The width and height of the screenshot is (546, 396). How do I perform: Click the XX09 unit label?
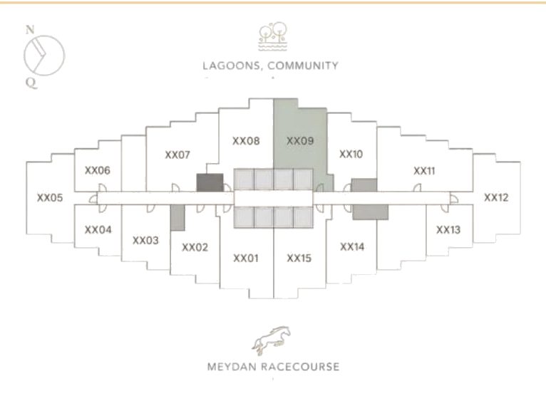(x=300, y=141)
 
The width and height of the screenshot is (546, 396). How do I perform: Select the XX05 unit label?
(x=50, y=198)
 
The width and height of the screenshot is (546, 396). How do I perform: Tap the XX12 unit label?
(x=496, y=198)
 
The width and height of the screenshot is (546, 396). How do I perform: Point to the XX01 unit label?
(x=246, y=259)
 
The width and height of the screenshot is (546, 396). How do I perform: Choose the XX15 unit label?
(x=299, y=259)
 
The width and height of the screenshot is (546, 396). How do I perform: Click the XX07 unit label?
(x=177, y=155)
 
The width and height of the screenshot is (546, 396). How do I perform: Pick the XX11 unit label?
(x=425, y=171)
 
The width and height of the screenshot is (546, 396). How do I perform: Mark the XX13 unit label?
(x=448, y=229)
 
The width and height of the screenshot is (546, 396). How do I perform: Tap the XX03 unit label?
(x=145, y=241)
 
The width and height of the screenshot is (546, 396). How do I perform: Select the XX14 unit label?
(x=352, y=246)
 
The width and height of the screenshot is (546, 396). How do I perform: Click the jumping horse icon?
(x=272, y=340)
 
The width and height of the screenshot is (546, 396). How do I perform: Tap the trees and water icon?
(x=273, y=36)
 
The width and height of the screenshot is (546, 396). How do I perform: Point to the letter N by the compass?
(x=31, y=30)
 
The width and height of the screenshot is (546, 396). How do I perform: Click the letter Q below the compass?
(x=31, y=83)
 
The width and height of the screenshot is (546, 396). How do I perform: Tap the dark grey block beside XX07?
(x=210, y=183)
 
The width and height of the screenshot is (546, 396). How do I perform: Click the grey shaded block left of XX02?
(x=177, y=217)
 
